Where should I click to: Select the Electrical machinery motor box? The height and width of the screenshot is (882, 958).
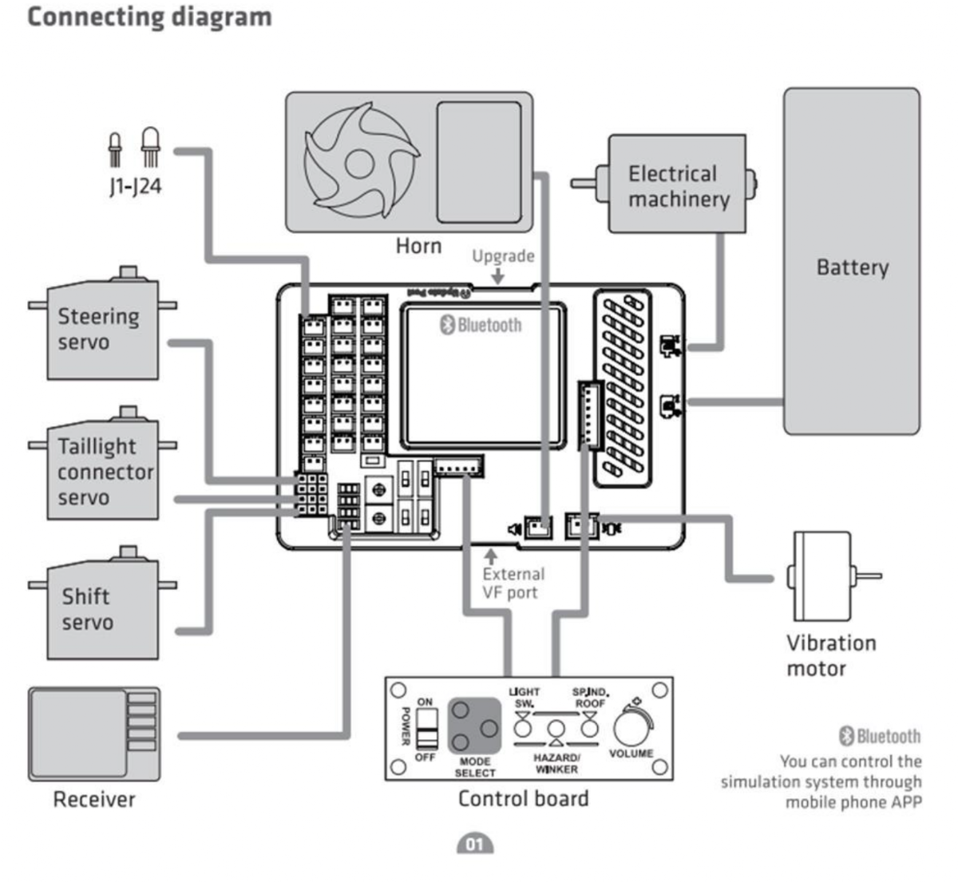point(677,184)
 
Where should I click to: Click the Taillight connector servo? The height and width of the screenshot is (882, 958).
point(102,471)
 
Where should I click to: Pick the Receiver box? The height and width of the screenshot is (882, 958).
point(94,734)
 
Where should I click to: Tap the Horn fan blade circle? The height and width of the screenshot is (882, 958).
point(361,160)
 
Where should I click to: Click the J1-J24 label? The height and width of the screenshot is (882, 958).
point(135,187)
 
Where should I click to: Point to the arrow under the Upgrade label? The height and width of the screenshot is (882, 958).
point(498,276)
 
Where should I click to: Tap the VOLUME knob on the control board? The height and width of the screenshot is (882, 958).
point(632,726)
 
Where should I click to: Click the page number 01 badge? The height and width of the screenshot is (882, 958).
point(475,844)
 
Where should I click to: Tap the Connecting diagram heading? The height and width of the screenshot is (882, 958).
point(149,17)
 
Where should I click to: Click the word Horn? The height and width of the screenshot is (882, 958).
point(418,245)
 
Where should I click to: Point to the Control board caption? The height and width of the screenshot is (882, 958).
point(523,798)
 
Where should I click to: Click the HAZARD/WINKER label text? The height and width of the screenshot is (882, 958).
point(556,763)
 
